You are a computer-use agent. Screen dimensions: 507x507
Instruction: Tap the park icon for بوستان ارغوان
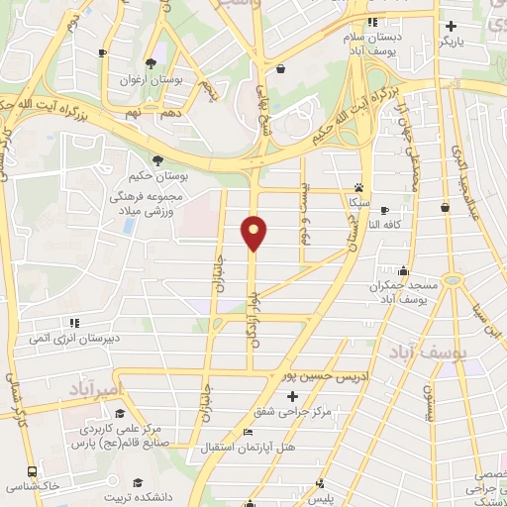pos(151,61)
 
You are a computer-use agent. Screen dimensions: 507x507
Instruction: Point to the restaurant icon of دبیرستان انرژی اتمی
pos(74,322)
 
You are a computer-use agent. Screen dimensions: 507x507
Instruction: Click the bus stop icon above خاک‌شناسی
pos(33,472)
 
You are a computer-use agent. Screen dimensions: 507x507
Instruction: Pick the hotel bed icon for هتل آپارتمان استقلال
pos(249,433)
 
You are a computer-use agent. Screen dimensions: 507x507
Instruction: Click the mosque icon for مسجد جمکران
pos(403,271)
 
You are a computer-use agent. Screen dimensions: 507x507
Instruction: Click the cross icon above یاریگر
pos(451,26)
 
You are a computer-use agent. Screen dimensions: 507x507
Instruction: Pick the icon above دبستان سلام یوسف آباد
pos(372,22)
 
